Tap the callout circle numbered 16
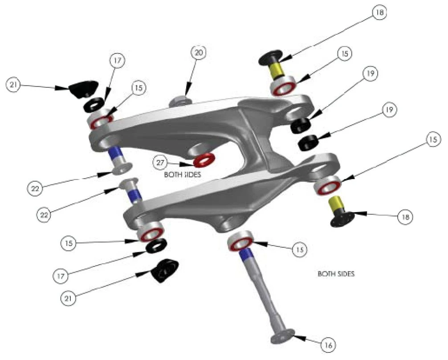click(328, 344)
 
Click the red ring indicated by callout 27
click(204, 159)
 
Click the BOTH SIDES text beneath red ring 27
click(183, 175)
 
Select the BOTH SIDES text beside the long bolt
click(336, 274)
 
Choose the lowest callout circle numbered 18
click(405, 217)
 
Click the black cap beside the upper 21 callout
click(83, 88)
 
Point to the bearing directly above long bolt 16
click(240, 243)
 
